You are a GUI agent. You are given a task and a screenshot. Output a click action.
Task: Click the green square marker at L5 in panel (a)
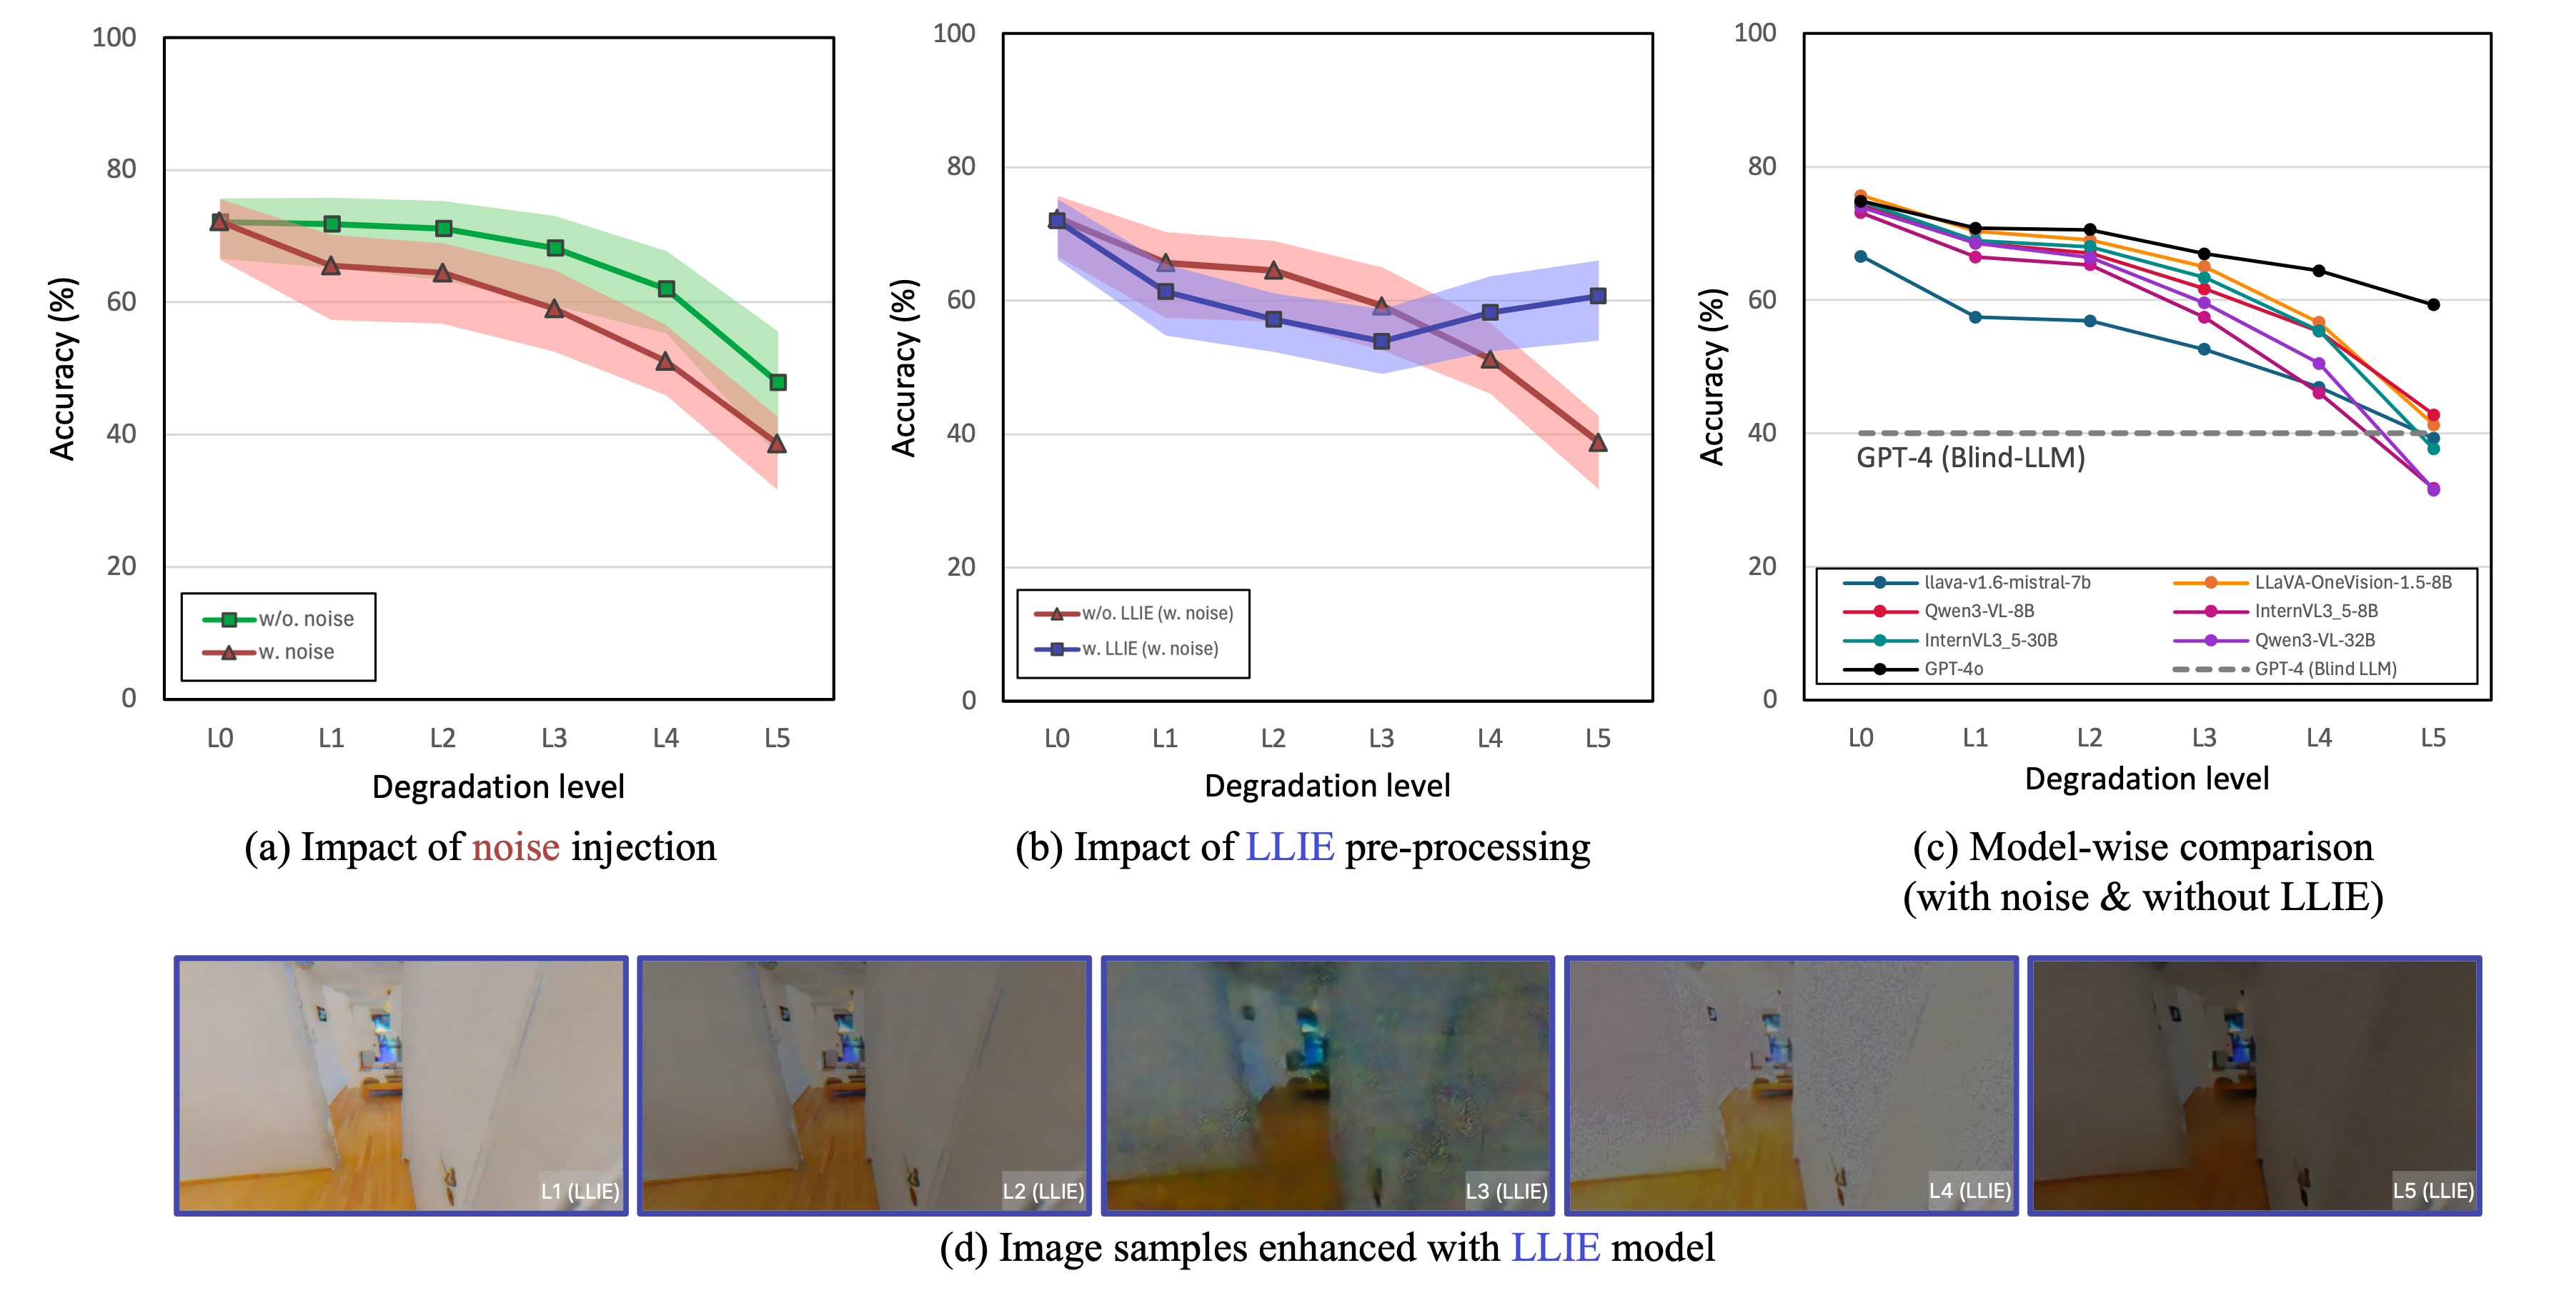coord(777,382)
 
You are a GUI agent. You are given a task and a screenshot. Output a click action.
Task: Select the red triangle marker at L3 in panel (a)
coord(554,309)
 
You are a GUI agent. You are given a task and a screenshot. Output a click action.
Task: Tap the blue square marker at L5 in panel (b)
coord(1598,296)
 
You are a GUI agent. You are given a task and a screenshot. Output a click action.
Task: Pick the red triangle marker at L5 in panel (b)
coord(1598,443)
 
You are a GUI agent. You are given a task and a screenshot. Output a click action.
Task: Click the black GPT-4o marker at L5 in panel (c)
coord(2433,305)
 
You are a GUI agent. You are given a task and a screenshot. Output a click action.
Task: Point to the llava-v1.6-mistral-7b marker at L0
coord(1860,256)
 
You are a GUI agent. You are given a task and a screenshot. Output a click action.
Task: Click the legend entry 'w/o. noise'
coord(306,619)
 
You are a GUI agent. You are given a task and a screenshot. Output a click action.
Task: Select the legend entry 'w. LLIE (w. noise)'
coord(1150,649)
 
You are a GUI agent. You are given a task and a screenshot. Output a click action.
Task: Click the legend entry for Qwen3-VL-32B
coord(2315,640)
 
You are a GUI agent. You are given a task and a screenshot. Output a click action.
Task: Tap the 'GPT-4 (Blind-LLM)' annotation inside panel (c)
coord(1970,458)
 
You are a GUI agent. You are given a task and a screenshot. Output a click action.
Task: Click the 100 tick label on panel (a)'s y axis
coord(114,38)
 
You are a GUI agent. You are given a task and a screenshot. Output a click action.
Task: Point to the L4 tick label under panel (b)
coord(1489,738)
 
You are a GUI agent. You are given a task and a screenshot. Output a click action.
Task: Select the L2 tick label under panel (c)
coord(2089,738)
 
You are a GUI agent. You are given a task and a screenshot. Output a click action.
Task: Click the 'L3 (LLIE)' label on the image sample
coord(1506,1191)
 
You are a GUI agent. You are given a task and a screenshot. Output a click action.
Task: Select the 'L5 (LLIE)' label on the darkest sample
coord(2433,1191)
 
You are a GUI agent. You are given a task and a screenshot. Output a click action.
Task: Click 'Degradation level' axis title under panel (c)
coord(2146,779)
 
